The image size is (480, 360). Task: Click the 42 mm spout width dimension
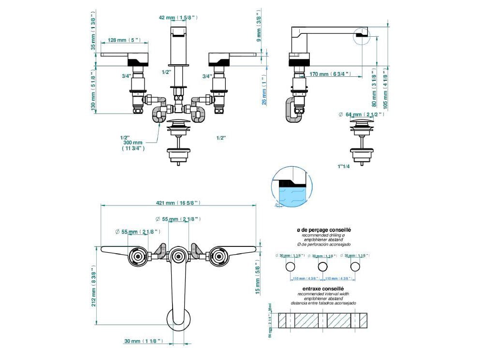pyautogui.click(x=178, y=17)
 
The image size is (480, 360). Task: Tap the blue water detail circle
pyautogui.click(x=289, y=190)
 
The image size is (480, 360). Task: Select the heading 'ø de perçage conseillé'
pyautogui.click(x=323, y=231)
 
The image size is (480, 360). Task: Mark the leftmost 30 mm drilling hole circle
pyautogui.click(x=291, y=267)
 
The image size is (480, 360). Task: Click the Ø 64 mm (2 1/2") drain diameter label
pyautogui.click(x=361, y=115)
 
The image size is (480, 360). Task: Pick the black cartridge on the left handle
pyautogui.click(x=138, y=61)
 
